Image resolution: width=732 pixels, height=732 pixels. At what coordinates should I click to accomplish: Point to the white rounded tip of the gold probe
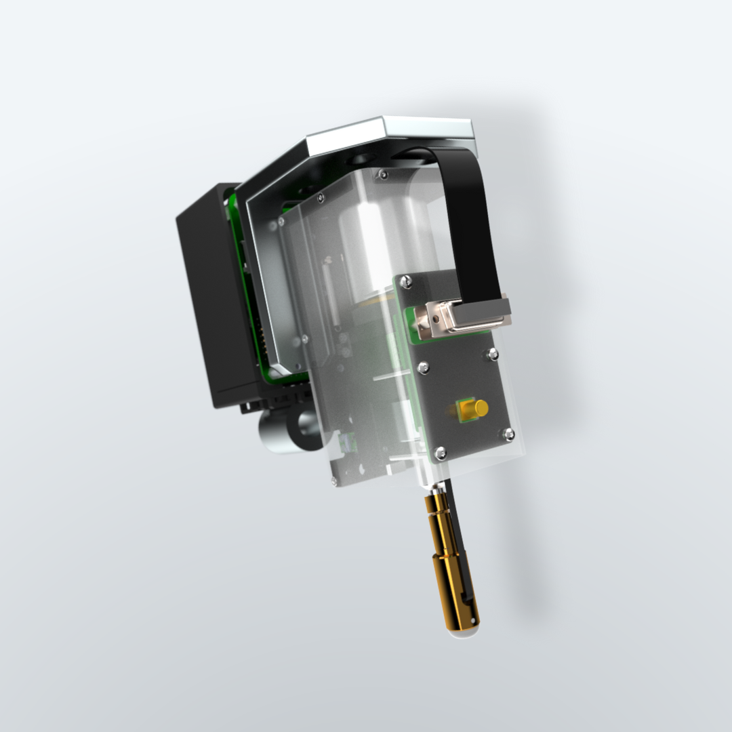[x=463, y=632]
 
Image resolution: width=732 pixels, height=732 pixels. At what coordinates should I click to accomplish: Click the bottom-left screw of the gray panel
[x=440, y=452]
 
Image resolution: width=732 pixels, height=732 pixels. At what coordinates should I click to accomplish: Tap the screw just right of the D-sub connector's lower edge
[x=492, y=353]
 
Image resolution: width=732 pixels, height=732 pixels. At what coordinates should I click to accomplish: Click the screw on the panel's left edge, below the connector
[x=423, y=367]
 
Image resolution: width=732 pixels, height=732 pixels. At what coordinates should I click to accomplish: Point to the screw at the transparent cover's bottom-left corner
[x=334, y=482]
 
